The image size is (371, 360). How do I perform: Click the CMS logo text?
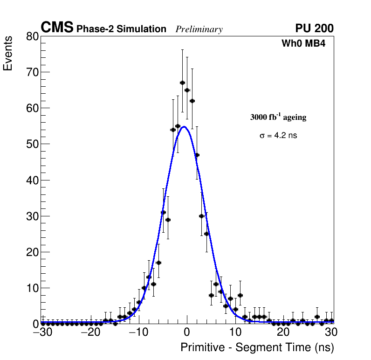click(57, 28)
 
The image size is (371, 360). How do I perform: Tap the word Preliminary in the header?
click(199, 29)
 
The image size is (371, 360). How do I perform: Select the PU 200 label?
click(314, 28)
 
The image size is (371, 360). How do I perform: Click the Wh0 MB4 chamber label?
click(307, 44)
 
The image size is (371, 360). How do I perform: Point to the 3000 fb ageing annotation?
click(278, 117)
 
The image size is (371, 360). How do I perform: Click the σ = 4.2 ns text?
click(278, 136)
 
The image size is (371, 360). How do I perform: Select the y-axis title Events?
click(8, 54)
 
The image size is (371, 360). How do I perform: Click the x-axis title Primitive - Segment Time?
click(257, 347)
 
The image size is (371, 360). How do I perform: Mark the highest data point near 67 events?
click(182, 83)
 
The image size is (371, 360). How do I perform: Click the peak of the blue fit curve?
click(185, 126)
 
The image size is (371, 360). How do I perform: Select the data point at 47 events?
click(197, 155)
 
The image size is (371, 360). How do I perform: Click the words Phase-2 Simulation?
click(121, 29)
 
